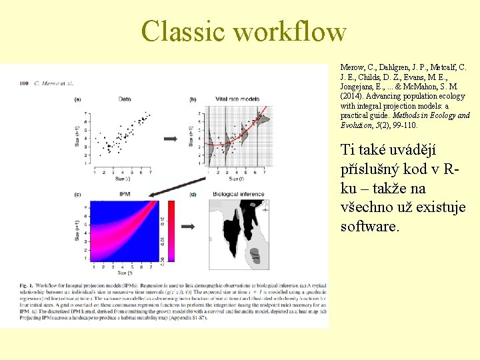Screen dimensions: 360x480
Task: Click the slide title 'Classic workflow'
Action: click(x=243, y=32)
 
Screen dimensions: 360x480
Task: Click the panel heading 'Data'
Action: click(x=125, y=99)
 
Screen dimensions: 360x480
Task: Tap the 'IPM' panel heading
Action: click(x=125, y=194)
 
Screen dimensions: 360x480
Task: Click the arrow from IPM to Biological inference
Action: click(x=189, y=227)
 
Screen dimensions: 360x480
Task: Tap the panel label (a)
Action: click(x=78, y=99)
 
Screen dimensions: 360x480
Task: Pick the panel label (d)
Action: click(x=193, y=194)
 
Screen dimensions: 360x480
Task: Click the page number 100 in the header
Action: click(x=24, y=83)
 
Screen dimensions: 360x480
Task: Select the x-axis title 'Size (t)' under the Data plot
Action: click(x=121, y=179)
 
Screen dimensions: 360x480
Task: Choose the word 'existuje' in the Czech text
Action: click(x=439, y=207)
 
